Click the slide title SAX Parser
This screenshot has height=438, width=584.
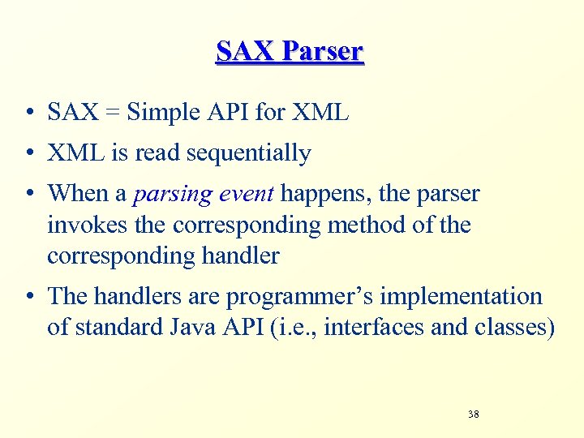(x=290, y=51)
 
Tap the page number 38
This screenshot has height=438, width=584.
(x=473, y=414)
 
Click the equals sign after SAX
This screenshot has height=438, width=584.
(x=112, y=113)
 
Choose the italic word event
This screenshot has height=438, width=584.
(x=246, y=195)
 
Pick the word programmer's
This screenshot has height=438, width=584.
(x=287, y=297)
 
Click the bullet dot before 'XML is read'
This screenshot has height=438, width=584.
(x=29, y=153)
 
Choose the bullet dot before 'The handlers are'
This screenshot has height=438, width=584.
(x=29, y=297)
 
